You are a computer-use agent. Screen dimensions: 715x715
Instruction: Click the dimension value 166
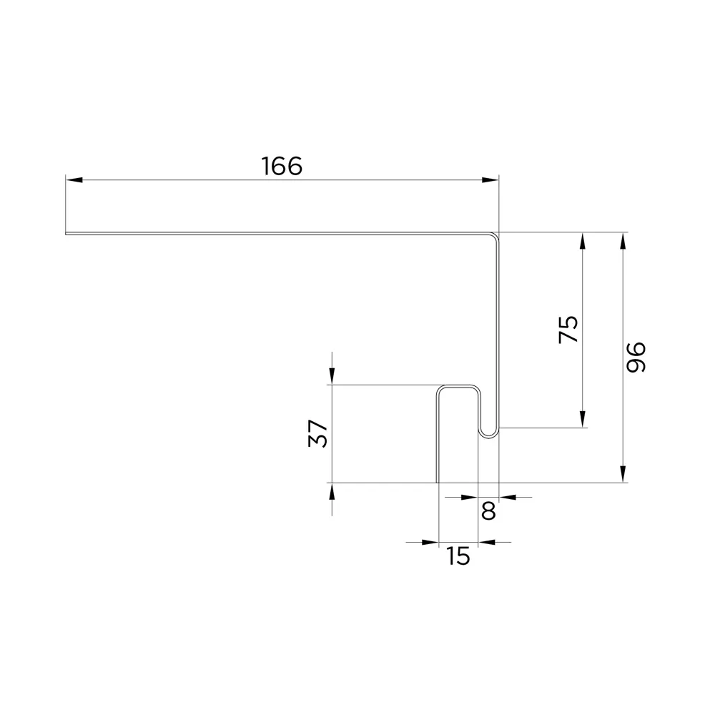(x=282, y=166)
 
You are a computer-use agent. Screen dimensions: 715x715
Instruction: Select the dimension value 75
(x=568, y=329)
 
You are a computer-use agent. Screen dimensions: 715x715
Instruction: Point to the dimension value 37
(x=318, y=433)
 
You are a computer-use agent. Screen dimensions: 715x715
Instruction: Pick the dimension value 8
(x=488, y=511)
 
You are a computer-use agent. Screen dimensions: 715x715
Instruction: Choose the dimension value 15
(x=458, y=556)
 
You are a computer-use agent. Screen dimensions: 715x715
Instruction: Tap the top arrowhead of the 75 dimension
(x=583, y=241)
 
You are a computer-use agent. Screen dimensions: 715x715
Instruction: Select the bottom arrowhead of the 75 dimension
(x=583, y=420)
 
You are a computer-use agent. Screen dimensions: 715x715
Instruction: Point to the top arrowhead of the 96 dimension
(x=623, y=241)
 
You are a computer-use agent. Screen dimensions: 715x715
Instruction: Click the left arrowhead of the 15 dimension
(x=429, y=542)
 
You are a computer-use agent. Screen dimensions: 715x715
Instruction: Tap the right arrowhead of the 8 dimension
(x=507, y=496)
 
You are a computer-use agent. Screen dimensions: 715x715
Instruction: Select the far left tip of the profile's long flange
(x=66, y=233)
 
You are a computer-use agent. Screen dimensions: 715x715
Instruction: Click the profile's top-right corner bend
(x=495, y=235)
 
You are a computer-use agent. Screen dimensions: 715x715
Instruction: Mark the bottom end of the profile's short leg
(x=438, y=481)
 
